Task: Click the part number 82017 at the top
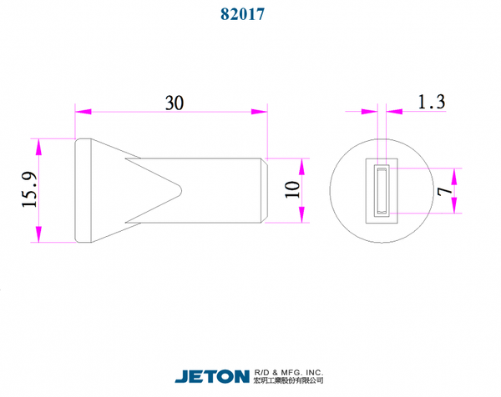242,14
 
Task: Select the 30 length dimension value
175,103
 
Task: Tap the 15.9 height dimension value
29,189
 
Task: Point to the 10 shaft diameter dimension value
292,189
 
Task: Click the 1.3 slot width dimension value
432,102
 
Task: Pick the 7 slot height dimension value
445,191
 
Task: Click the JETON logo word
212,377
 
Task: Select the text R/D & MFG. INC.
289,373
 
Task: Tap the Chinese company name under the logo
289,380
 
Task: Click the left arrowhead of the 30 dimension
83,112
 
